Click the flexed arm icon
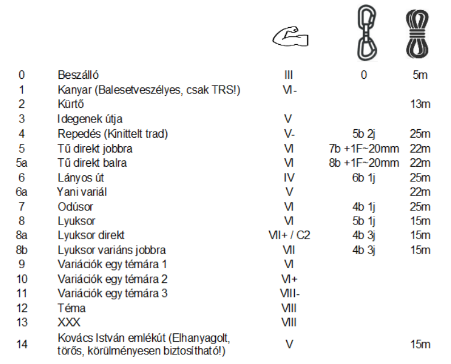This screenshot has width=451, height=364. [290, 38]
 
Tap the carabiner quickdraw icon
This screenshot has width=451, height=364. [364, 32]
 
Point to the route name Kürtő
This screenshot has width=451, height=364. [70, 104]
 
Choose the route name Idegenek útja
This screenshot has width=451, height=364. [90, 119]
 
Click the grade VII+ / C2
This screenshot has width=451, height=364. [289, 235]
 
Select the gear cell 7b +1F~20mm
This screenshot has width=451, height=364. [364, 149]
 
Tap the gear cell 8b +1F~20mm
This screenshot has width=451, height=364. [364, 163]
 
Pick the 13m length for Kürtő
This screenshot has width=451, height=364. [419, 104]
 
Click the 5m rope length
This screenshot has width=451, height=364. [420, 75]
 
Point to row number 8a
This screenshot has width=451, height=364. [22, 235]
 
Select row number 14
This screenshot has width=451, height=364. [22, 344]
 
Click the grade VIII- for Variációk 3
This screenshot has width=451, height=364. [289, 294]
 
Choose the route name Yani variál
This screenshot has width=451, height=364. [82, 192]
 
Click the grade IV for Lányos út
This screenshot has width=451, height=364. [289, 177]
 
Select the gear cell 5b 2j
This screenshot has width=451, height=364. [364, 134]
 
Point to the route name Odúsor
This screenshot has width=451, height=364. [76, 206]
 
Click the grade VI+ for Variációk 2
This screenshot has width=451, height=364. [289, 279]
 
